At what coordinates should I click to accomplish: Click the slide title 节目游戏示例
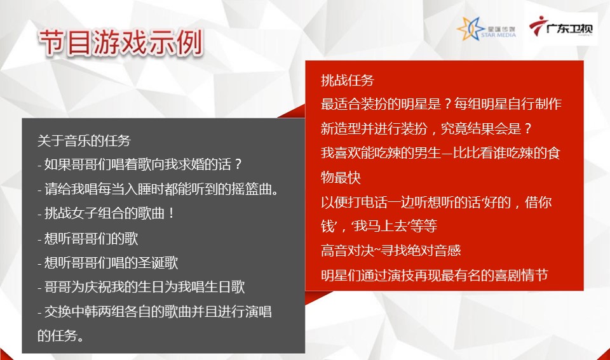[x=121, y=43]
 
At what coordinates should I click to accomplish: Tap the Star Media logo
[x=486, y=29]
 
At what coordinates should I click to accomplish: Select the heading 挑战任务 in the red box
[x=348, y=80]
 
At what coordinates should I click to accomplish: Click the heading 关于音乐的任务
[x=84, y=140]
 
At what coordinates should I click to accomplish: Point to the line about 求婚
[x=140, y=164]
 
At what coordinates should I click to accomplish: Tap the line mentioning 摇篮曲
[x=158, y=189]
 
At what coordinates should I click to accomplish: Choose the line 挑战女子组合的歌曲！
[x=106, y=213]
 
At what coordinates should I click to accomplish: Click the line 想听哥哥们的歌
[x=88, y=238]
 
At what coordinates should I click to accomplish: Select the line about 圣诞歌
[x=108, y=262]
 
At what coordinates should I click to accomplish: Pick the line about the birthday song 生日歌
[x=141, y=287]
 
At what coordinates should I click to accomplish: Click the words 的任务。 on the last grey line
[x=61, y=335]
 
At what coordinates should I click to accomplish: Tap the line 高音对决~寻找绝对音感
[x=391, y=250]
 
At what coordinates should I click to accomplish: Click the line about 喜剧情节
[x=434, y=275]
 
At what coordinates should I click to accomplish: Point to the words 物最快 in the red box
[x=341, y=177]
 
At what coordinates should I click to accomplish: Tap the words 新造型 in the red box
[x=341, y=128]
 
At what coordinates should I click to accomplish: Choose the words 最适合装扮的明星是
[x=381, y=103]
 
